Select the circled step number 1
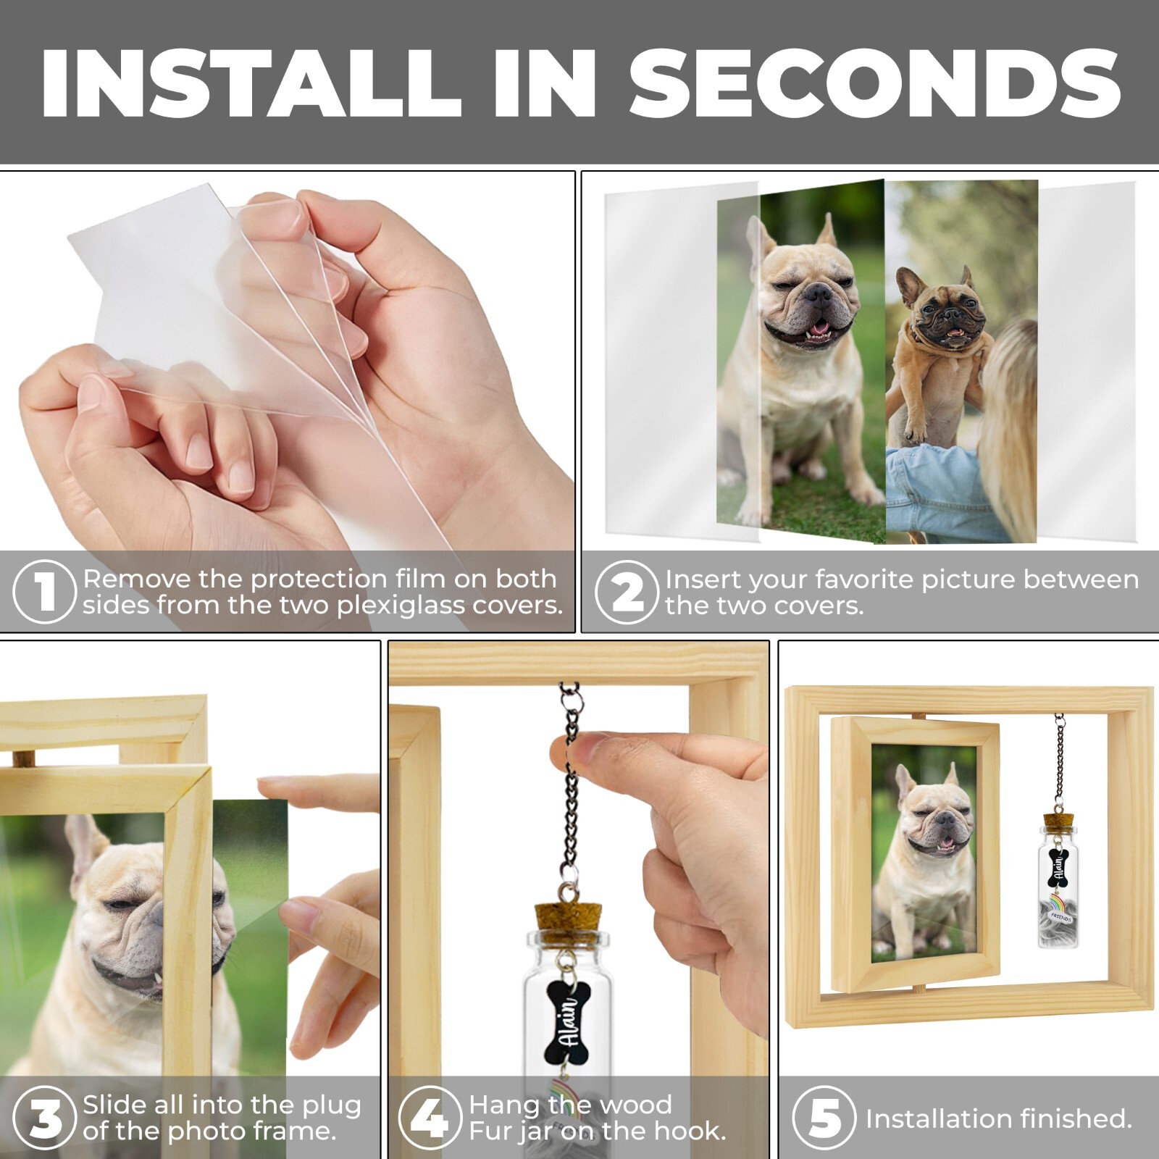coord(44,591)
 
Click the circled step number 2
coord(627,592)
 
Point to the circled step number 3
coord(44,1118)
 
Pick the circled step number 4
coord(430,1118)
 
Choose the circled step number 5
coord(824,1118)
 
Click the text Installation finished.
coord(999,1119)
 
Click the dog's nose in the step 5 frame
coord(944,820)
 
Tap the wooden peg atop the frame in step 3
coord(24,758)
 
